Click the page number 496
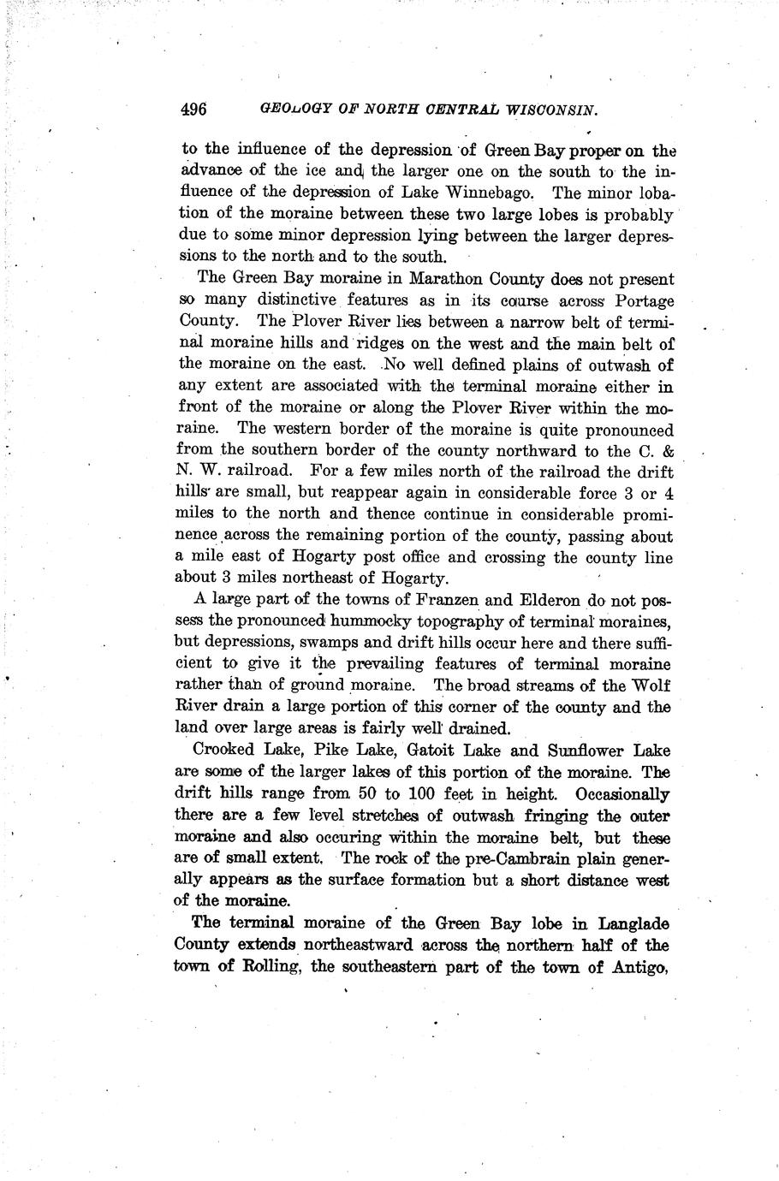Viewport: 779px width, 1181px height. tap(194, 110)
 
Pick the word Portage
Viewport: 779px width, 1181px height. tap(640, 301)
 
